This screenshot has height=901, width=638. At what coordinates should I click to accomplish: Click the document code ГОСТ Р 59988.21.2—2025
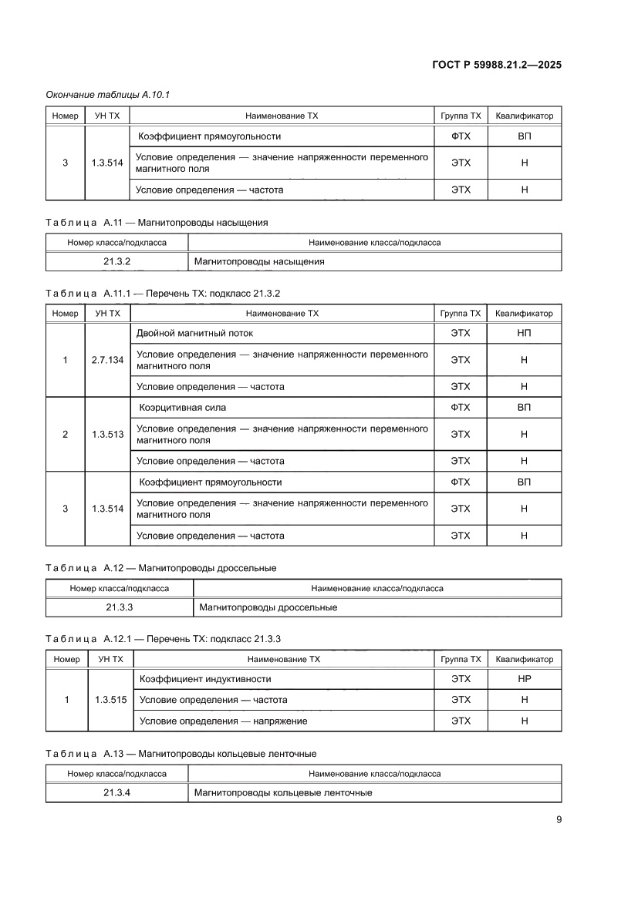pos(496,65)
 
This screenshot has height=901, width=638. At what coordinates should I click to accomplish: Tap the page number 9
pos(559,820)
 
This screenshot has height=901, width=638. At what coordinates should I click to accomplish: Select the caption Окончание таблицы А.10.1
pos(107,94)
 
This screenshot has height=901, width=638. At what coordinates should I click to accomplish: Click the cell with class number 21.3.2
pos(117,261)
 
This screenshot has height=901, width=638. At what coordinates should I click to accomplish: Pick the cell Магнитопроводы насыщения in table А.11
pos(259,261)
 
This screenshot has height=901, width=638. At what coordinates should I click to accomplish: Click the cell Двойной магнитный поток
pos(194,333)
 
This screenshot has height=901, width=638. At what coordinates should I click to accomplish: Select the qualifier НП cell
pos(524,333)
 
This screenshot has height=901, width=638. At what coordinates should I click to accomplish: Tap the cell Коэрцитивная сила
pos(182,407)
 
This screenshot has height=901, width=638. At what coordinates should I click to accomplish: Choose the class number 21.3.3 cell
pos(120,607)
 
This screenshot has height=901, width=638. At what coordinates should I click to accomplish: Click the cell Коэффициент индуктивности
pos(204,679)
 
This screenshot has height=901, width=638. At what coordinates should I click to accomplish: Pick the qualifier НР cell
pos(524,679)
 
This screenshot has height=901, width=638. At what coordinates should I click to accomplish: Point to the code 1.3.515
pos(110,700)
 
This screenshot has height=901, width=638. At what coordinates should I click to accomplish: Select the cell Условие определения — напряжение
pos(223,721)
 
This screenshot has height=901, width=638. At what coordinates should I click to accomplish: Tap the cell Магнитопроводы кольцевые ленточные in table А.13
pos(283,792)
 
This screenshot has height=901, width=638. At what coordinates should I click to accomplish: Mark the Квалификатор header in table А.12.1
pos(524,659)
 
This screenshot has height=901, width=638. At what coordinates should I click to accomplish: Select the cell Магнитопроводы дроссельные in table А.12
pos(268,607)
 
